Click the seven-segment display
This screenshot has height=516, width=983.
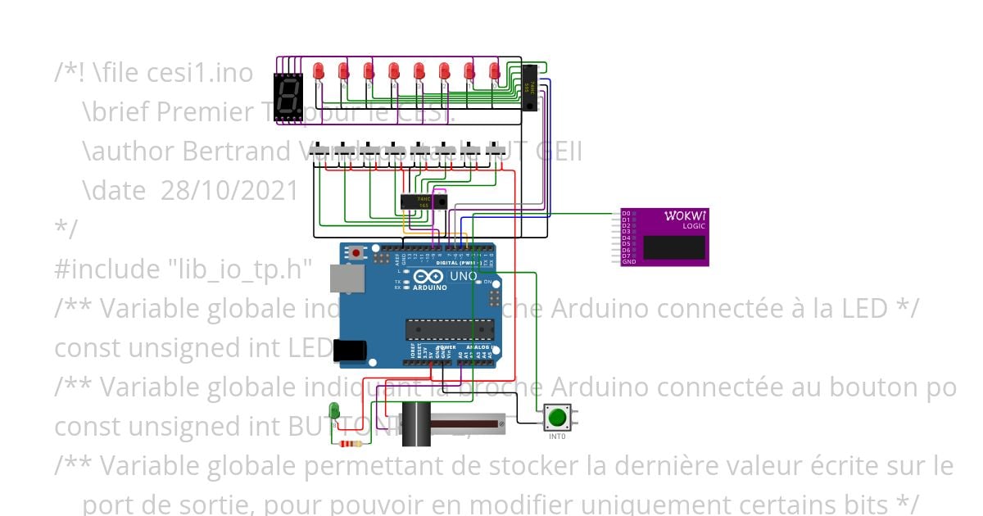(288, 95)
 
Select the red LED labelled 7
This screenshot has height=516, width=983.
(319, 72)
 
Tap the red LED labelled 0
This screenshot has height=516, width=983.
(495, 72)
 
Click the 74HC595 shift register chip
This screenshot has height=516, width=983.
(530, 88)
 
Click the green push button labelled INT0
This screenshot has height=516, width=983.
(557, 417)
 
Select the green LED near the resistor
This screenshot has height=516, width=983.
(333, 410)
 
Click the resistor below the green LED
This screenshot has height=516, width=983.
(351, 444)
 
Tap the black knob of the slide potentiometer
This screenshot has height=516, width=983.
(416, 423)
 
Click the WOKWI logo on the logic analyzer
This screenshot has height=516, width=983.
(684, 216)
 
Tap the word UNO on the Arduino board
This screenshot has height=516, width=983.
(464, 277)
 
